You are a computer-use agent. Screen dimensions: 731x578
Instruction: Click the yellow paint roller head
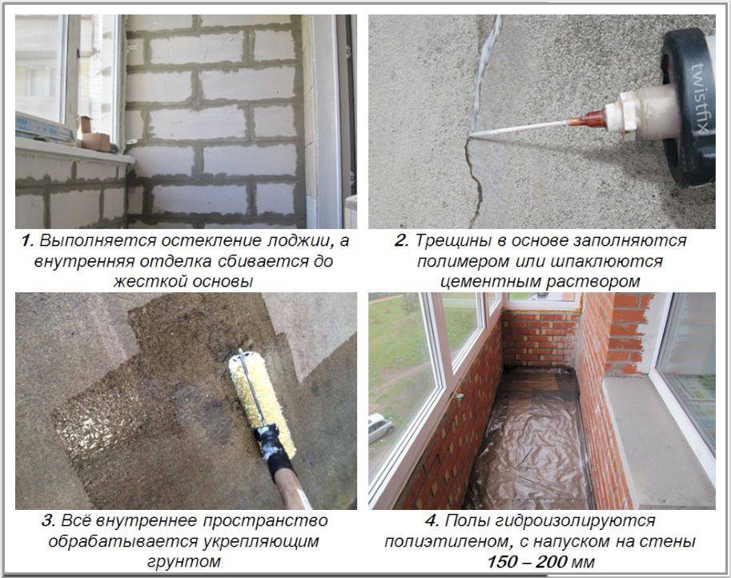(262, 403)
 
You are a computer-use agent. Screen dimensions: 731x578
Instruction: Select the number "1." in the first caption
(27, 241)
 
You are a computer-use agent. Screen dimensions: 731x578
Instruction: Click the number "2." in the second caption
(402, 241)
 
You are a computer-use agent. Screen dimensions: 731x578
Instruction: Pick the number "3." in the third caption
(49, 520)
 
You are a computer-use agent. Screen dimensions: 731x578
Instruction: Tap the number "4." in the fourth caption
(432, 520)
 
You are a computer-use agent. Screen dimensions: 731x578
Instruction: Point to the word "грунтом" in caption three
(183, 562)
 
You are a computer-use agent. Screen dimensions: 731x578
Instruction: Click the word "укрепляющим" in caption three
(261, 542)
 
